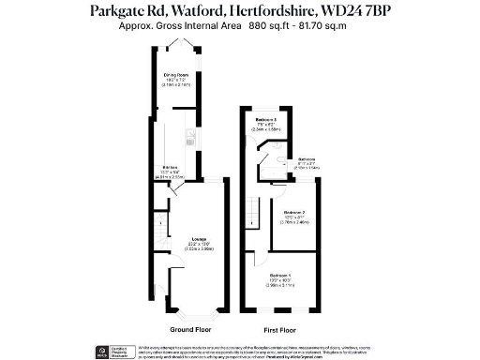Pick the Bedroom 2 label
click(296, 213)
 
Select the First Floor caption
click(279, 330)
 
